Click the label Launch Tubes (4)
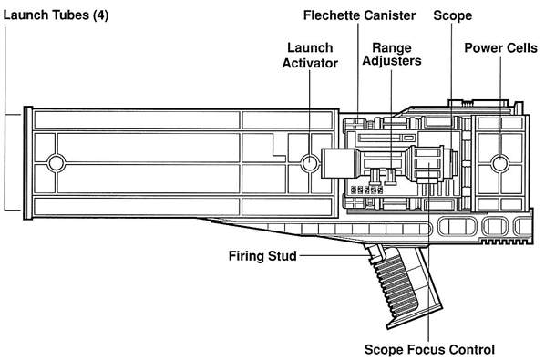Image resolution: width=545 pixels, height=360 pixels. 56,15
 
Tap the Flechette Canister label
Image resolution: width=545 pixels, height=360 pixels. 359,15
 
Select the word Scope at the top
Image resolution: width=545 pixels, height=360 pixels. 453,16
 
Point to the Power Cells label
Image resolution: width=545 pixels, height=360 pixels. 501,48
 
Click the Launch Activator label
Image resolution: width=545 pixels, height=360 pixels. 310,56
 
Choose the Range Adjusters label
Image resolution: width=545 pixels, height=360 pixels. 392,54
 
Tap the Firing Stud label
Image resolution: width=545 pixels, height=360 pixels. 262,256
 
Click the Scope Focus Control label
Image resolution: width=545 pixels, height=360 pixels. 429,349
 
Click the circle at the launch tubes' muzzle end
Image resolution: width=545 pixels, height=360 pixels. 56,163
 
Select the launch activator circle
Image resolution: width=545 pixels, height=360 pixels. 310,163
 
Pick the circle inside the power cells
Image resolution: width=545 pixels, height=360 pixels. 500,163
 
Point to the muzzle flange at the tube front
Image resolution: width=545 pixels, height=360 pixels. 28,163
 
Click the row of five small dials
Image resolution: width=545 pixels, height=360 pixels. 366,190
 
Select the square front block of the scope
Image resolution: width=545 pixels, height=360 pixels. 336,163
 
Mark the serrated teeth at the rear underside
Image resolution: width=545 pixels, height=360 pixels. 506,241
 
